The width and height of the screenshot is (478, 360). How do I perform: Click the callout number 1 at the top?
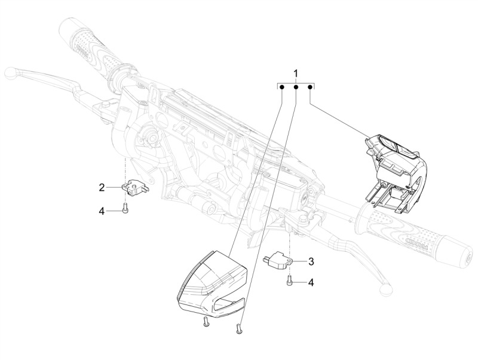point(295,74)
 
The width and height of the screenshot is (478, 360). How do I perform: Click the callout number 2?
point(102,187)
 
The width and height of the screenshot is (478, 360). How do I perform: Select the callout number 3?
point(311,261)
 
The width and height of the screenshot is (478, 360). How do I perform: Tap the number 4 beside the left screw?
point(102,210)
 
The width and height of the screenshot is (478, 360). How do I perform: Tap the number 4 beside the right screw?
point(311,282)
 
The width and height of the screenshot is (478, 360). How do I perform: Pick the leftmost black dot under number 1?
point(282,87)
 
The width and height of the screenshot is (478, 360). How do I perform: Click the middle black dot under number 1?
point(296,87)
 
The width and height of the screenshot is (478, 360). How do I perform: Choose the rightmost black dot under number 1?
point(310,87)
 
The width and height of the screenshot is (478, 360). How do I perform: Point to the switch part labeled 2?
point(134,188)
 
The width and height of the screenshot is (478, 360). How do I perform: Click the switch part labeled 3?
point(278,259)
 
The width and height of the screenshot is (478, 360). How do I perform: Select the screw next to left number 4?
point(125,208)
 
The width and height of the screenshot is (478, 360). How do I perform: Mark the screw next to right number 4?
point(289,280)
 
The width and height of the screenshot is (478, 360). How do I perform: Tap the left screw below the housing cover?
point(205,322)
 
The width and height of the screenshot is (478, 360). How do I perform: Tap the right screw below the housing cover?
point(238,328)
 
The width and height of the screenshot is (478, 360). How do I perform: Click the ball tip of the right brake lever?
point(385,289)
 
